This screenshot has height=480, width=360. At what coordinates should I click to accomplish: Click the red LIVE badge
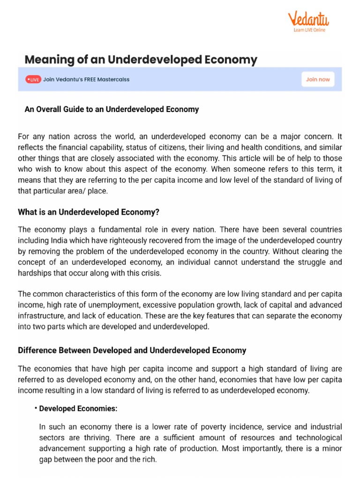[33, 80]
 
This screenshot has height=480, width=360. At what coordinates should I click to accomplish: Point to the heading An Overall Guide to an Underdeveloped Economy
[112, 109]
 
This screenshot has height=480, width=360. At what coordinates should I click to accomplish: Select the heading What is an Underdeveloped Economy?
[89, 212]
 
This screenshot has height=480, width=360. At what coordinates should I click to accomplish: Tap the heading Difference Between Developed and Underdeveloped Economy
[132, 350]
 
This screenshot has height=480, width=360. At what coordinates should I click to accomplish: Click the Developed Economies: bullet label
[78, 409]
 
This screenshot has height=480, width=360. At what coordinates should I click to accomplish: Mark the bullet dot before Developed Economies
[36, 408]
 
